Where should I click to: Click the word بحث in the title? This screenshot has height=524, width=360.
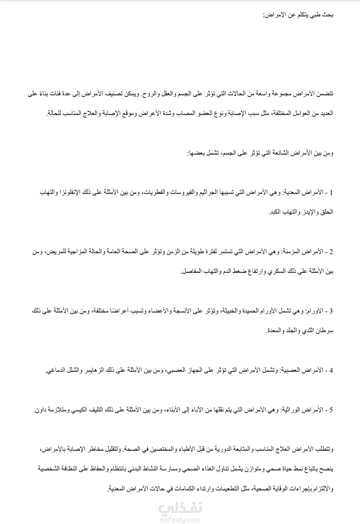(327, 15)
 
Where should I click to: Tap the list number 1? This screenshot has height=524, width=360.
(331, 193)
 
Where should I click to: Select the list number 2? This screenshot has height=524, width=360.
(331, 252)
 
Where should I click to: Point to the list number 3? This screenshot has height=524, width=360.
(331, 311)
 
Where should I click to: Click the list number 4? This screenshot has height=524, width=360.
(331, 370)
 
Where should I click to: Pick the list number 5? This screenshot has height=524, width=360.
(331, 410)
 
